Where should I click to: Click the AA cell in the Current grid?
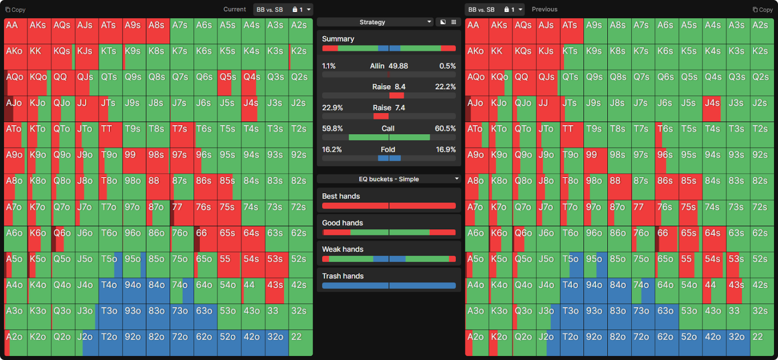[x=16, y=32]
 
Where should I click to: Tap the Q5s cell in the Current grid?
[x=229, y=83]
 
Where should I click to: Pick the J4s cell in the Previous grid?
[x=714, y=109]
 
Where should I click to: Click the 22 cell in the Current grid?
[x=301, y=343]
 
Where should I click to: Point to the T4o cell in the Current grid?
[x=110, y=291]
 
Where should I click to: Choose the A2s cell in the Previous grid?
[x=761, y=32]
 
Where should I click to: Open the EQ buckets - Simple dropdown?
[x=389, y=179]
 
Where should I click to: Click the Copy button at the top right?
[x=762, y=10]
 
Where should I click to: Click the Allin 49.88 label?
[x=389, y=66]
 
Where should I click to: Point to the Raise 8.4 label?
[x=389, y=87]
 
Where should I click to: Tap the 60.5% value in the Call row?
[x=445, y=129]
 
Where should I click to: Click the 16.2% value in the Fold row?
[x=332, y=150]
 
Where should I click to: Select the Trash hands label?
[x=343, y=276]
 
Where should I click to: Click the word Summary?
[x=338, y=39]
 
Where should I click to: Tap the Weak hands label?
[x=343, y=250]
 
